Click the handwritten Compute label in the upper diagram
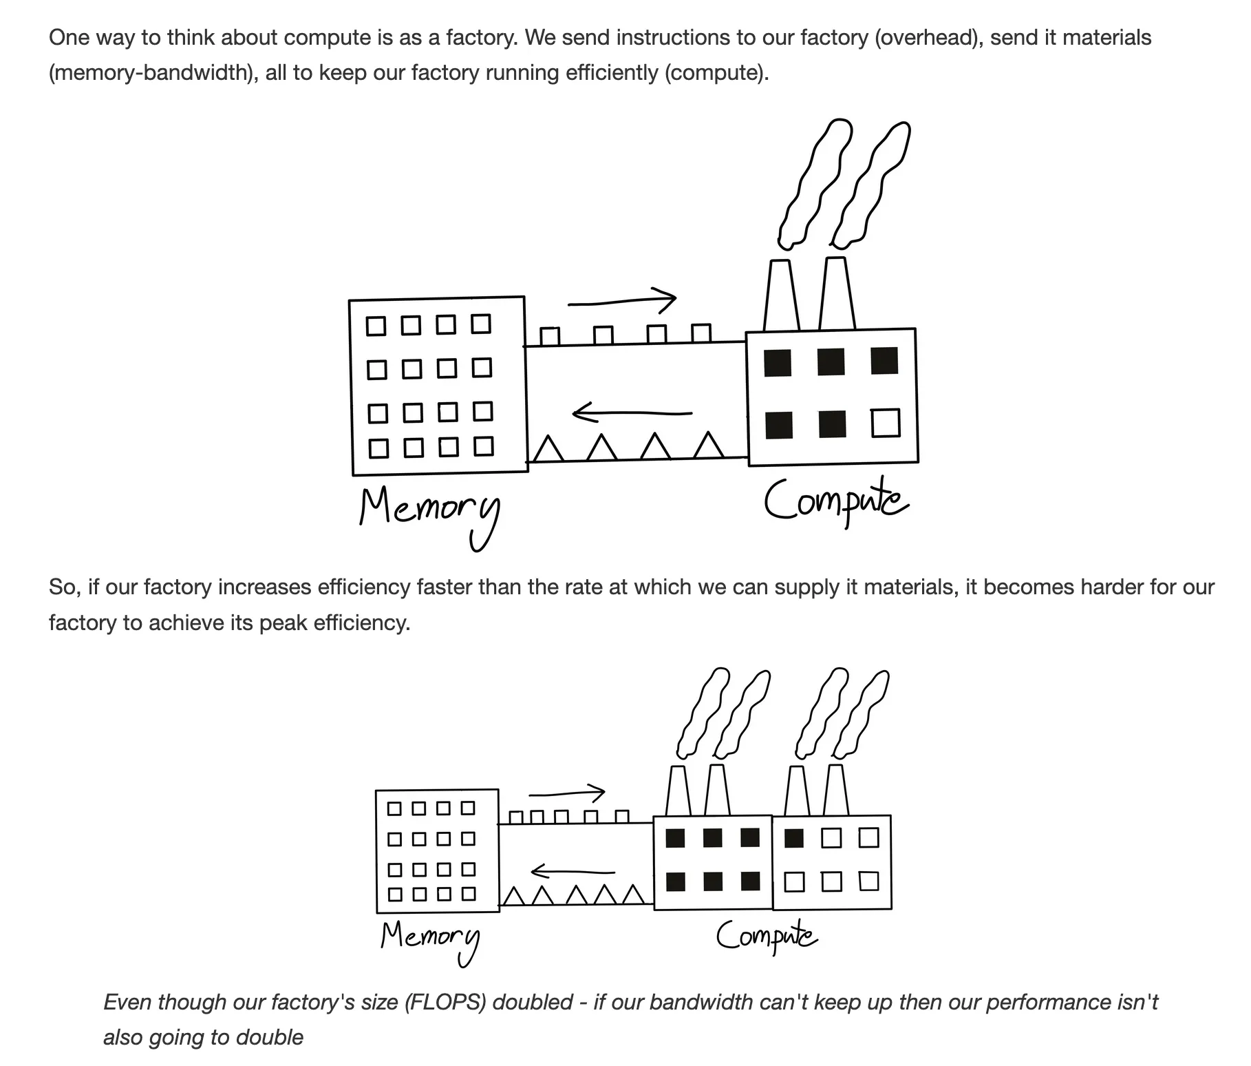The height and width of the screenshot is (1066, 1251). (x=835, y=501)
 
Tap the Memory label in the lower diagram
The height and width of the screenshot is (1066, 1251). (x=429, y=939)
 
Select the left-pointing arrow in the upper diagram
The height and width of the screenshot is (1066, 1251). (x=632, y=413)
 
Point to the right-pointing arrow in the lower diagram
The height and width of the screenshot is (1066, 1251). (x=567, y=793)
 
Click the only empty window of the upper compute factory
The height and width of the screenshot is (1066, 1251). (x=886, y=423)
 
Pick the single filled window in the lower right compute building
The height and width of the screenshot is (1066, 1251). (x=794, y=838)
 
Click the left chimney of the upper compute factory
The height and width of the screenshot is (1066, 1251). (x=782, y=295)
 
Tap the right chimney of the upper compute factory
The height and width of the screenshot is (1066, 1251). (x=837, y=293)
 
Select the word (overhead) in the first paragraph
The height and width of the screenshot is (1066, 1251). (x=929, y=37)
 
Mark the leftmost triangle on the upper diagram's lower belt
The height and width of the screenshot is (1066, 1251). (x=549, y=448)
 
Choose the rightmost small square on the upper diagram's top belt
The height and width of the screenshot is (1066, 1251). (x=701, y=334)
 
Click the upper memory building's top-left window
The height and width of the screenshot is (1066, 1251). (x=376, y=326)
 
